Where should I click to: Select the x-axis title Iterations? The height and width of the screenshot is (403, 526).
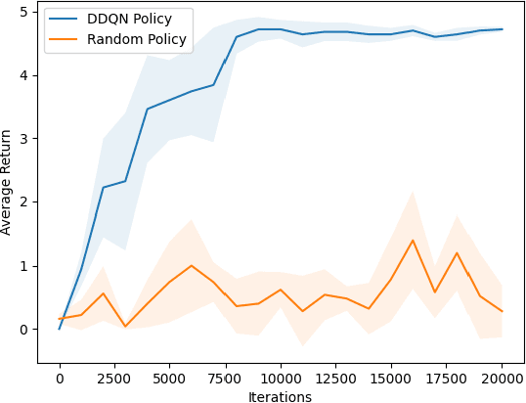[281, 396]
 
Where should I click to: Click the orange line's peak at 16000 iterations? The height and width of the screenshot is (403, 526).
[414, 241]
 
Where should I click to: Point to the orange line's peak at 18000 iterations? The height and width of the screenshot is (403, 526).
[458, 252]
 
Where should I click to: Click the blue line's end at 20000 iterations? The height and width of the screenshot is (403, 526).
[502, 29]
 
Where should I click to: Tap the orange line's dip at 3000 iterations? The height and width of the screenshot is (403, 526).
[126, 327]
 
